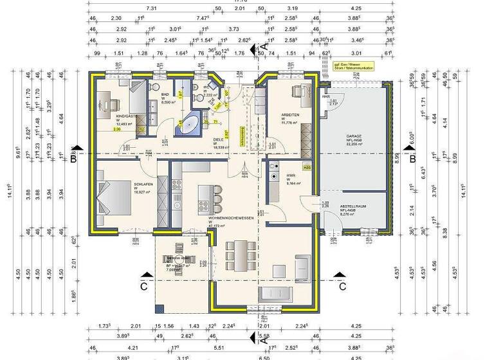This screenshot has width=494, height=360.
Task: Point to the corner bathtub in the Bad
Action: pos(187,125)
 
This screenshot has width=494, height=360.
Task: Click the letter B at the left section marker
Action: pos(74,158)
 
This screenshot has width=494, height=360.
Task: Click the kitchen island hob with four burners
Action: pos(205,206)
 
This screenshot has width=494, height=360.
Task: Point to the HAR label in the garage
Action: pos(325,97)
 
